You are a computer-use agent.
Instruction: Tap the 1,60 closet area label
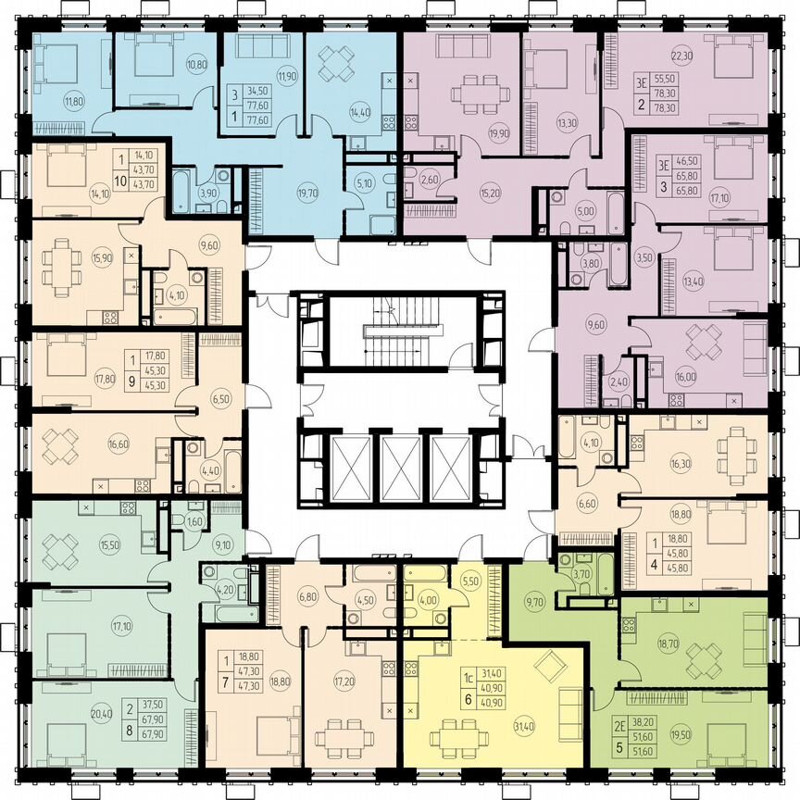tap(194, 521)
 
